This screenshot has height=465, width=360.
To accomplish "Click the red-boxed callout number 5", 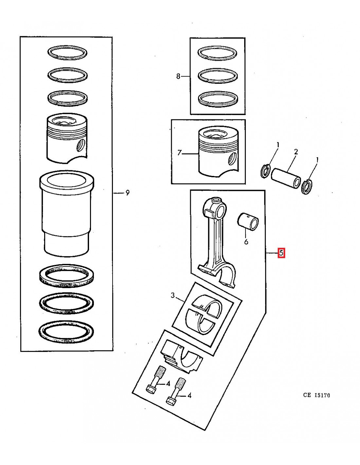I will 281,253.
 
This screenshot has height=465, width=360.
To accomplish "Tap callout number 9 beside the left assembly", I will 127,193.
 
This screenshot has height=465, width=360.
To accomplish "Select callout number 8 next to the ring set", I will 178,77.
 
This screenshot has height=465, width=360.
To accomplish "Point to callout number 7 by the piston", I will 179,153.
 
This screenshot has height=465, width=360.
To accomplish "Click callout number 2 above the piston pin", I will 296,152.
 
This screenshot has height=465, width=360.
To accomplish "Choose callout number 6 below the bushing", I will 246,242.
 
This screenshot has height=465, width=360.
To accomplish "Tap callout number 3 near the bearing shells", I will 173,296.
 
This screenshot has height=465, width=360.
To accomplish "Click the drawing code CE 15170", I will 316,395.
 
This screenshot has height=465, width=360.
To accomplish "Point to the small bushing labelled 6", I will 248,221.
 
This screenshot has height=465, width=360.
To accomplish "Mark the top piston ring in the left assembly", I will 67,52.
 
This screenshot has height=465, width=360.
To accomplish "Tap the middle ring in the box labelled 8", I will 218,75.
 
